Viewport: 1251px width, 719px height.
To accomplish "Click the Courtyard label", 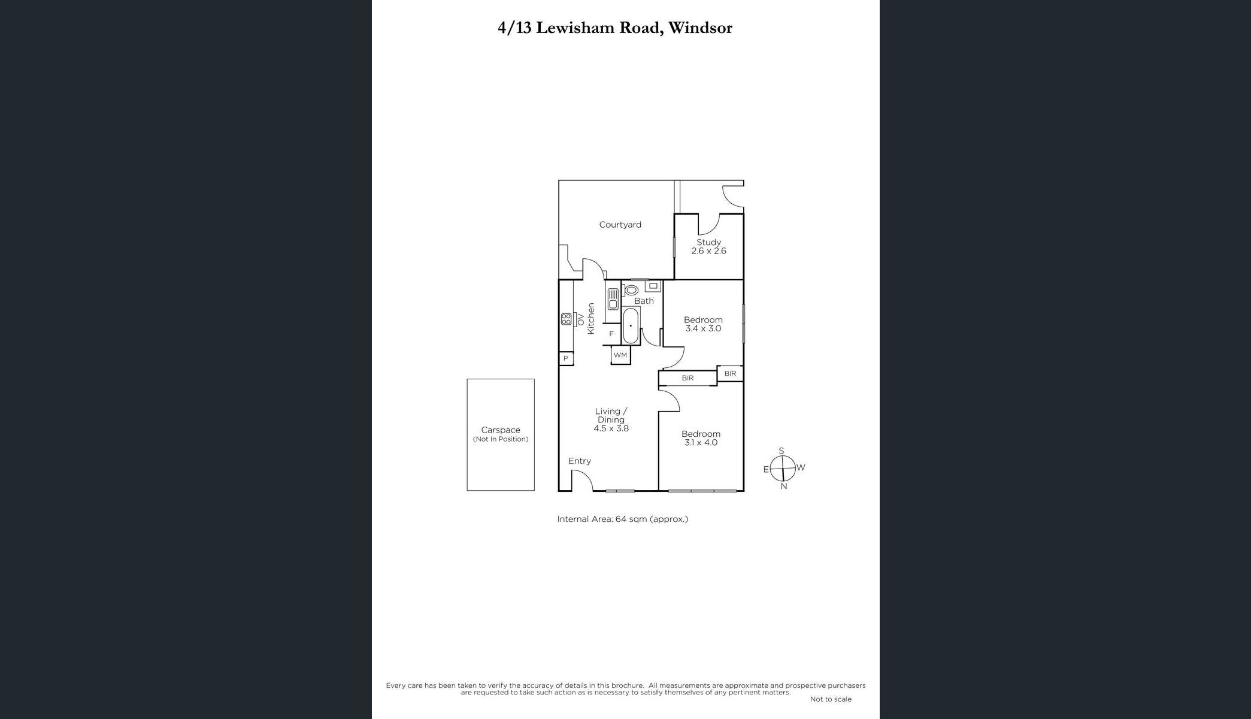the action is point(620,225).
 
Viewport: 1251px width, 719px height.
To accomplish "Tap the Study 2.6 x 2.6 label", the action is point(708,246).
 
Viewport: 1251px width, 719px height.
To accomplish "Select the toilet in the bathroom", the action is point(631,290).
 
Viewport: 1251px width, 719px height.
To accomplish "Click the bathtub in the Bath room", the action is point(631,325).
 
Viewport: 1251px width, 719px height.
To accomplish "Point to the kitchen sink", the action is point(613,298).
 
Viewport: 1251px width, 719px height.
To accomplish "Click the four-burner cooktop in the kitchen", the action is point(566,319).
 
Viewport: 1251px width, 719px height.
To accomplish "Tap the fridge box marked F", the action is point(612,334).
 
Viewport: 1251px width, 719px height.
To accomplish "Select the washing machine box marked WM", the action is point(620,355).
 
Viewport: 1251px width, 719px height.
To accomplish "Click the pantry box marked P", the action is point(566,358).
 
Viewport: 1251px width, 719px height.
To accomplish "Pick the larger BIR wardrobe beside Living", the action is point(687,378).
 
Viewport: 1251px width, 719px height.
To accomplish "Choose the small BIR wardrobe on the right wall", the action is point(730,373).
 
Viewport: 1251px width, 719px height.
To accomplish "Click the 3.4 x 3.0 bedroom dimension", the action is point(703,328).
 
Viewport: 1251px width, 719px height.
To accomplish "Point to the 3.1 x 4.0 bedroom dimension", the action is point(701,443).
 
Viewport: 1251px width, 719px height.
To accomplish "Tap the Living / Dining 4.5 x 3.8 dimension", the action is point(611,428).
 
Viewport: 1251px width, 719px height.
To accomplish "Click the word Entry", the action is point(580,461).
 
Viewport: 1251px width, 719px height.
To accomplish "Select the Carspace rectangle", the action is point(501,435).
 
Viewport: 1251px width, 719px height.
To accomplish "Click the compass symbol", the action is point(783,469).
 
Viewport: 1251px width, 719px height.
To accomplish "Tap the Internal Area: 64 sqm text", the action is point(623,519).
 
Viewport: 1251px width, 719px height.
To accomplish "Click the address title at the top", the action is point(615,28).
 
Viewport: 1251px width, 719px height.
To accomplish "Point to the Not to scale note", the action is point(831,699).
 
